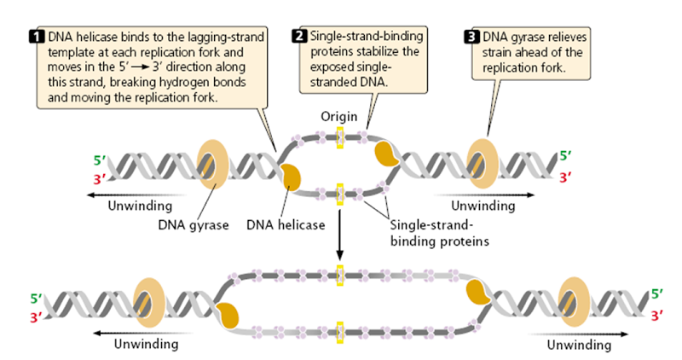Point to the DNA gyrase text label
pos(192,226)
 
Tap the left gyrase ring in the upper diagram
pos(213,163)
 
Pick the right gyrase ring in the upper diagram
pos(483,163)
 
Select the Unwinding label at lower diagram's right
pos(579,345)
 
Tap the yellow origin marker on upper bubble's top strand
pos(339,136)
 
